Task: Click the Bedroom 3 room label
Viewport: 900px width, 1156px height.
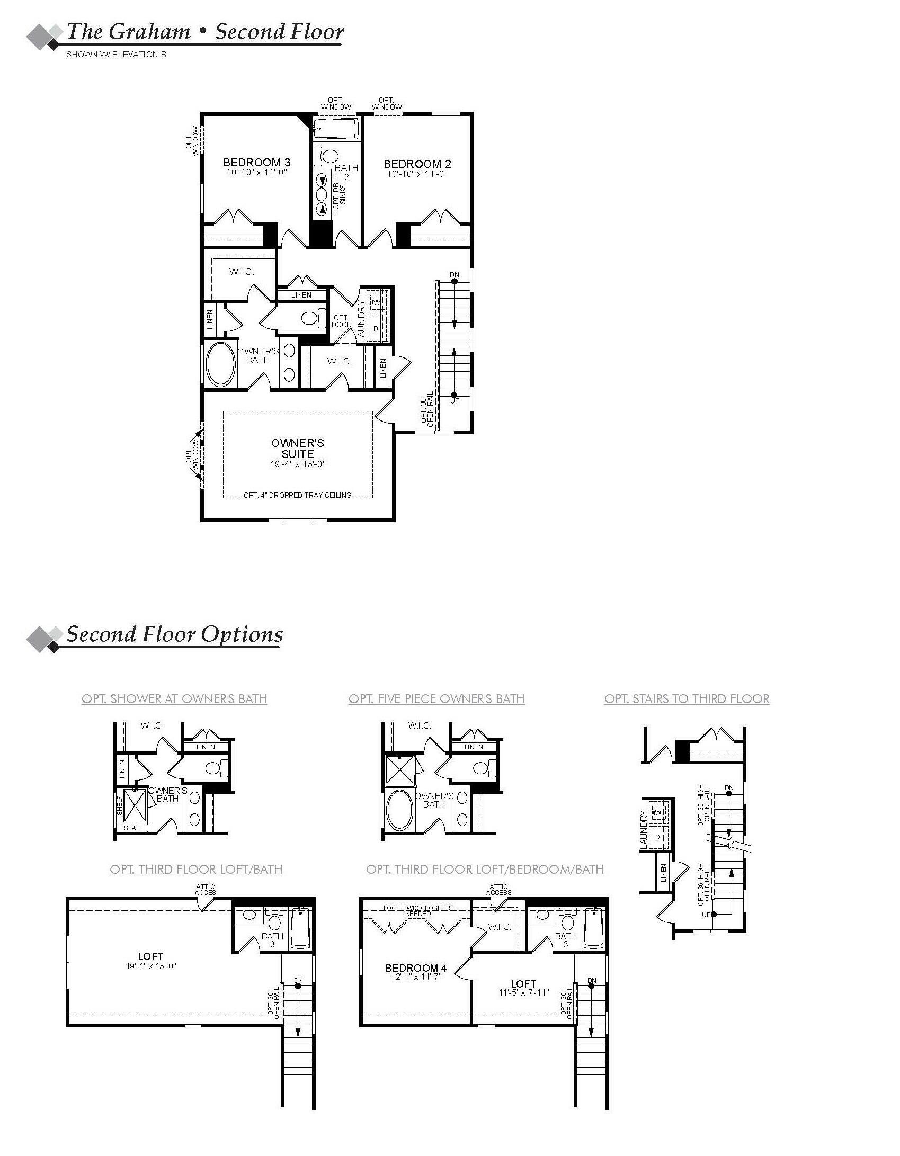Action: click(x=256, y=162)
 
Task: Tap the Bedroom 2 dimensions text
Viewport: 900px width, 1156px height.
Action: click(x=417, y=174)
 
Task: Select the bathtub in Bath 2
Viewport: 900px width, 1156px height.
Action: click(x=335, y=128)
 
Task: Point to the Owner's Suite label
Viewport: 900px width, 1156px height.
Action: click(x=297, y=448)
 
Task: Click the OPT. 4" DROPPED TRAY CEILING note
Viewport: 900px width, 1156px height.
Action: click(x=297, y=495)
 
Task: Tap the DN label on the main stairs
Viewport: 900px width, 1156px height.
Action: click(x=454, y=275)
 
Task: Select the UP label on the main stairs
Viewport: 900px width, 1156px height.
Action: click(x=455, y=401)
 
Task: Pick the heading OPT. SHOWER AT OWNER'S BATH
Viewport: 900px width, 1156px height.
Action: click(x=174, y=698)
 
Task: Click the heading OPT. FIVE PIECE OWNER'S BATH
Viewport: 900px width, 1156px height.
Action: click(x=436, y=698)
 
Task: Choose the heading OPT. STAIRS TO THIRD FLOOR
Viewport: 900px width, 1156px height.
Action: click(x=687, y=698)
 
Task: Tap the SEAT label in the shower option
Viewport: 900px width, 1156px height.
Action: click(x=132, y=828)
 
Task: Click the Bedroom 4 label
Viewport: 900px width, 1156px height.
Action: click(x=416, y=968)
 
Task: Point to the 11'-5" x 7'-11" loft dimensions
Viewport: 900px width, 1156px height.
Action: click(x=523, y=993)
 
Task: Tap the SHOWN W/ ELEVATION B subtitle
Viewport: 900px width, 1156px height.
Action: click(x=116, y=54)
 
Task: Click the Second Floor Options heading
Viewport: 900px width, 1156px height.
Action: click(x=174, y=634)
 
